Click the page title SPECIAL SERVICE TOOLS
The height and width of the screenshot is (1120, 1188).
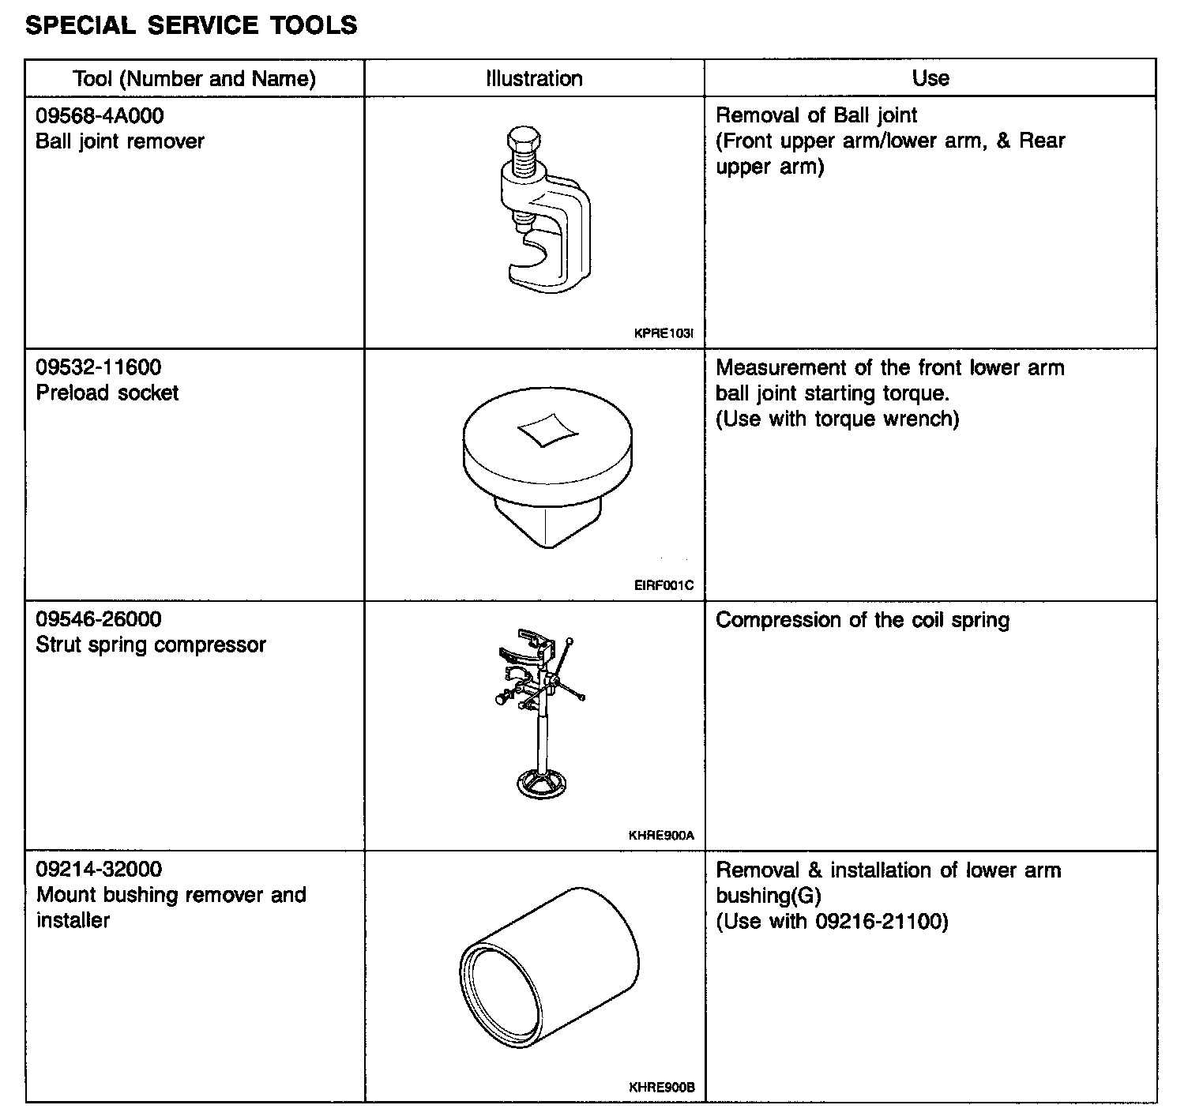click(191, 25)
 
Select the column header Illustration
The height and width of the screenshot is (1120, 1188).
click(534, 78)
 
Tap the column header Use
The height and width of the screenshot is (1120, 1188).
click(930, 78)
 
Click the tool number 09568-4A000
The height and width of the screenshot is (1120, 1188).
click(100, 116)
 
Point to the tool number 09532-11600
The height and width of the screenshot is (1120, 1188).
click(98, 367)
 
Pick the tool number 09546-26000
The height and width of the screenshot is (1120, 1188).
click(98, 619)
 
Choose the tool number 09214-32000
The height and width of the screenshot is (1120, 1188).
click(99, 870)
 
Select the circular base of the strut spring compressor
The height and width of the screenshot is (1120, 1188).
click(542, 784)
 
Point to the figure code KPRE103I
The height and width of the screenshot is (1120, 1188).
click(664, 333)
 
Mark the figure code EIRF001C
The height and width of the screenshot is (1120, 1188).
click(664, 585)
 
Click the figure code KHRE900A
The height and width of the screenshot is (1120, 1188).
click(662, 836)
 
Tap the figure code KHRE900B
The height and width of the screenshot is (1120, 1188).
click(662, 1088)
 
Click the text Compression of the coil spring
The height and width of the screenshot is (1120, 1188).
click(862, 620)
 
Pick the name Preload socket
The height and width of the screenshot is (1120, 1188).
click(107, 393)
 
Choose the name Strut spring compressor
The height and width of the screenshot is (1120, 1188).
click(151, 645)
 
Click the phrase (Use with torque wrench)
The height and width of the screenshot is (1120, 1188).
click(837, 419)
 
